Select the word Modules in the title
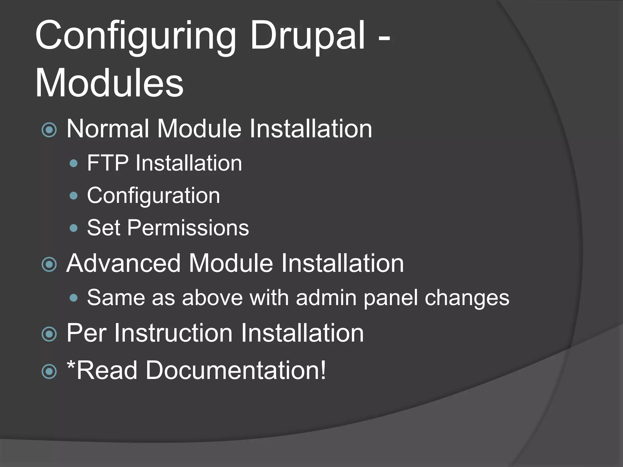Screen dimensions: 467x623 click(x=110, y=83)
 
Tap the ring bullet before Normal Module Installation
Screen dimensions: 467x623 click(x=49, y=130)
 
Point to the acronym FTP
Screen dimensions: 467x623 click(x=108, y=163)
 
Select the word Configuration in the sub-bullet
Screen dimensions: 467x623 click(x=153, y=196)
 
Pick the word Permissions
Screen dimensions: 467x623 click(x=188, y=228)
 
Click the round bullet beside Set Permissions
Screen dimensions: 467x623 click(x=74, y=228)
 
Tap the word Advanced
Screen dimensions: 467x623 click(x=124, y=263)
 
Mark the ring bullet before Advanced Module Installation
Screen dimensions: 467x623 click(x=49, y=264)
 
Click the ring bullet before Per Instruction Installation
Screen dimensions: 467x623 click(x=49, y=334)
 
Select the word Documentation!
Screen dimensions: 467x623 click(x=236, y=370)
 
